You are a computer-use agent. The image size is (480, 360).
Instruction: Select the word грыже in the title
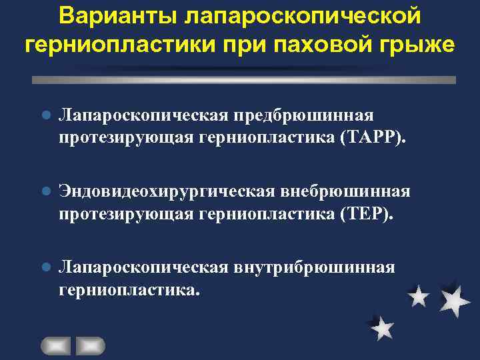[418, 45]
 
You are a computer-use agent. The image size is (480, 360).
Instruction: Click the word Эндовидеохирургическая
[159, 193]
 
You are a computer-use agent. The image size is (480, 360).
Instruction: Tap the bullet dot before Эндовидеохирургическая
[45, 193]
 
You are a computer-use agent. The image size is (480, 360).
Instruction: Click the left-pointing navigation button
[55, 345]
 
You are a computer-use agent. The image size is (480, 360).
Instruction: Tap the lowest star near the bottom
[382, 328]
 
